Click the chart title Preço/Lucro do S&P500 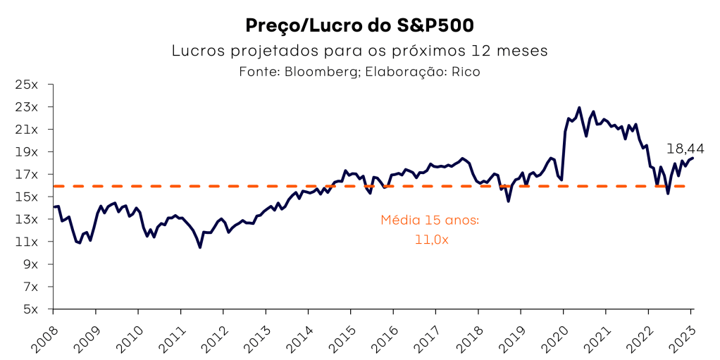pyautogui.click(x=359, y=25)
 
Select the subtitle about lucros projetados pyautogui.click(x=359, y=51)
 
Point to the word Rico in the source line pyautogui.click(x=466, y=72)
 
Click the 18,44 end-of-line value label pyautogui.click(x=685, y=149)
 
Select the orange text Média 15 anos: pyautogui.click(x=430, y=220)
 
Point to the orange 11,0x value pyautogui.click(x=431, y=240)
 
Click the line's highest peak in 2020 pyautogui.click(x=579, y=108)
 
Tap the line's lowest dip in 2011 pyautogui.click(x=200, y=247)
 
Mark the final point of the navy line pyautogui.click(x=692, y=158)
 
